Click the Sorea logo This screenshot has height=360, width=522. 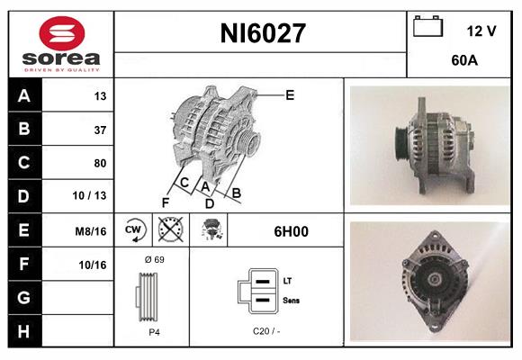(60, 44)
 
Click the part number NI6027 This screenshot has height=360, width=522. (263, 34)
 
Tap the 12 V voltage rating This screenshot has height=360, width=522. (481, 31)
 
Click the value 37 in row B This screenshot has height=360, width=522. (99, 130)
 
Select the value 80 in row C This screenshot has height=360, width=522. (99, 163)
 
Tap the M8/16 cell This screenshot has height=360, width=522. (92, 231)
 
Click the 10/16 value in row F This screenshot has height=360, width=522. (93, 265)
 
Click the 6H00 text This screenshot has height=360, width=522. (291, 231)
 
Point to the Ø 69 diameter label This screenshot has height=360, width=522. (154, 259)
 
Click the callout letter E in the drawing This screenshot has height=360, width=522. (290, 94)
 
